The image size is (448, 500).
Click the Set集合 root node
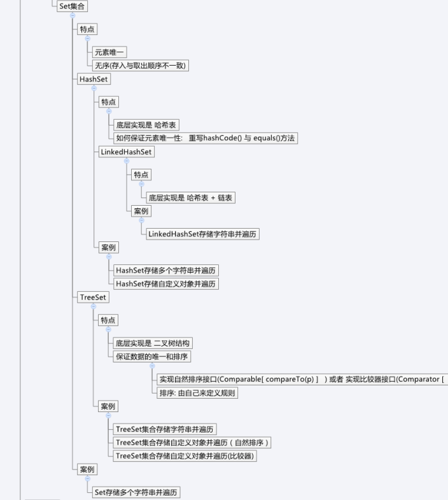[72, 6]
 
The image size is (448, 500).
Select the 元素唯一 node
[109, 52]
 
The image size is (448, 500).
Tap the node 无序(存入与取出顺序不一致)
[140, 66]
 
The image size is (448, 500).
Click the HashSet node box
[94, 79]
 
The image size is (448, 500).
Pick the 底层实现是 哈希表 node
[146, 125]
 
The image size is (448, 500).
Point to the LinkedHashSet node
[126, 152]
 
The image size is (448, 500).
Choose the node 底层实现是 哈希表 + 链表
[190, 197]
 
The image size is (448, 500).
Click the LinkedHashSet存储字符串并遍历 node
[202, 234]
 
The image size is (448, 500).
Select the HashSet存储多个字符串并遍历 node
[166, 271]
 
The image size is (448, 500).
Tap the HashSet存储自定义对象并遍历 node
[166, 284]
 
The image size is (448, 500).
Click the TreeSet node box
[93, 297]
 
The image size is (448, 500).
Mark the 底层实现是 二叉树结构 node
[153, 343]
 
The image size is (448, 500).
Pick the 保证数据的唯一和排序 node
[151, 357]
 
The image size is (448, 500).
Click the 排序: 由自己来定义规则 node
[197, 393]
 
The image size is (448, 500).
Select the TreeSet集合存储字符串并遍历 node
[165, 429]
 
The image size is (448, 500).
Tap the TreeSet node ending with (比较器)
[185, 456]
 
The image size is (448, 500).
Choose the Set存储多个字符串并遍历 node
[136, 492]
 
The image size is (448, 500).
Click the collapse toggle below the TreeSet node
[94, 306]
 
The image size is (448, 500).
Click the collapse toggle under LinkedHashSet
[127, 161]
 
